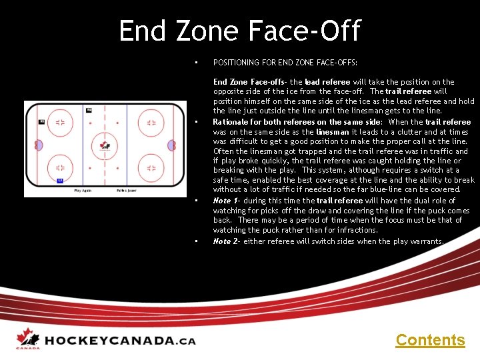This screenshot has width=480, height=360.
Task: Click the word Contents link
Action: click(x=430, y=340)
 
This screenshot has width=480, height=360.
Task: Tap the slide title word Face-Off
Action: click(x=304, y=31)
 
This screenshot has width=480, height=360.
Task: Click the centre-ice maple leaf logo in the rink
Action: click(x=105, y=144)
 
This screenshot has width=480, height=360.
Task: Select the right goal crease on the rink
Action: click(x=171, y=145)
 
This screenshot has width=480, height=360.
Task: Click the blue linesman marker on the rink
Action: click(x=59, y=180)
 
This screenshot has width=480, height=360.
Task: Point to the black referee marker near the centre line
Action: click(x=89, y=109)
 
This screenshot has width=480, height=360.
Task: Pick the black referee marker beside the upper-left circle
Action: click(x=41, y=121)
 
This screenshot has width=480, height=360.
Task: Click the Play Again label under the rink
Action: click(x=83, y=191)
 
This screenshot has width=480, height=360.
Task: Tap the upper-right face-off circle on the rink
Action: click(x=151, y=123)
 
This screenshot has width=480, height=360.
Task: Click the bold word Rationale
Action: click(x=232, y=122)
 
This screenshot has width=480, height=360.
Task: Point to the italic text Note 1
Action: click(x=222, y=201)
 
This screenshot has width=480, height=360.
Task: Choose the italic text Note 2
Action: click(x=222, y=241)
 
